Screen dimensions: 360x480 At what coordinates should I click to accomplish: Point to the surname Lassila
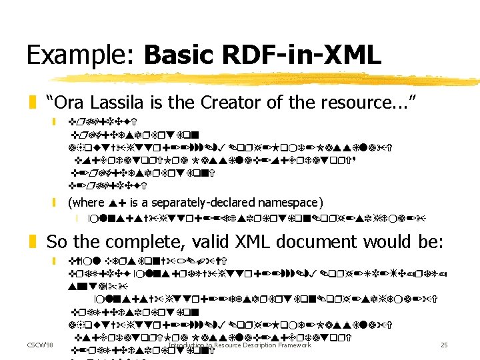pyautogui.click(x=117, y=103)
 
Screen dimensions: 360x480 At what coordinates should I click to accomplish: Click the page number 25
pyautogui.click(x=444, y=345)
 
